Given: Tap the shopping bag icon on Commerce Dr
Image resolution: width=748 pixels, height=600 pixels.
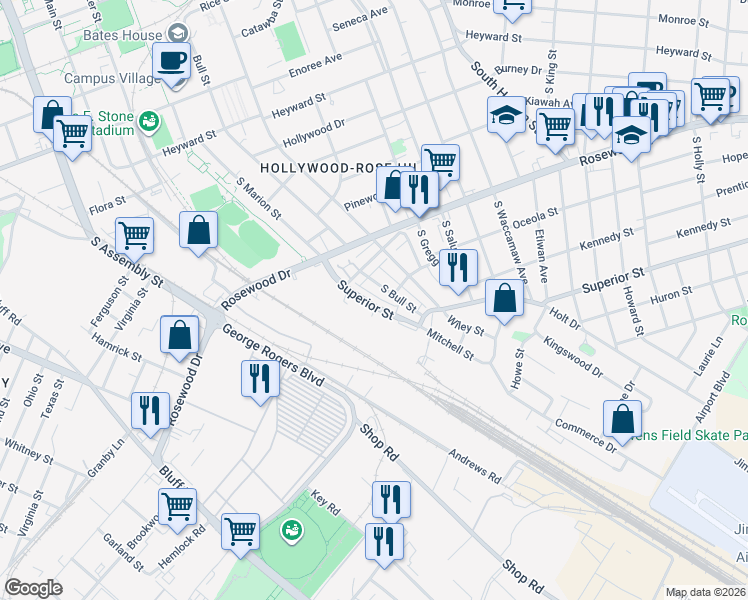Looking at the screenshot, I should point(622,418).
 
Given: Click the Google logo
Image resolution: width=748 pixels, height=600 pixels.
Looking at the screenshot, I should point(33,588).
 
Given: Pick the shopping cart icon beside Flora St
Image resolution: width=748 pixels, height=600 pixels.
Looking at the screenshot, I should point(134,236).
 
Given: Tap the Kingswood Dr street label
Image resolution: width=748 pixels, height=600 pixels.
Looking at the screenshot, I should point(573,356).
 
